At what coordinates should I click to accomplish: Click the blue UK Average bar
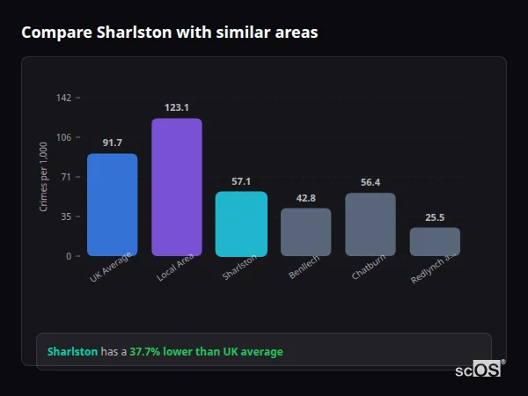coord(112,205)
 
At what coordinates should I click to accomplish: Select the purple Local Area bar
coord(177,187)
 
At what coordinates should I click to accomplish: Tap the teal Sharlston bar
coord(241,224)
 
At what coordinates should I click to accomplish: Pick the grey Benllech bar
coord(306,232)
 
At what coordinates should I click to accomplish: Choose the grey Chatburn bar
coord(370,224)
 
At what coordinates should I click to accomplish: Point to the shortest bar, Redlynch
coord(435,242)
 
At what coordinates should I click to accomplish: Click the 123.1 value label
coord(177,107)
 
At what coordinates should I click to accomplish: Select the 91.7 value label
coord(112,143)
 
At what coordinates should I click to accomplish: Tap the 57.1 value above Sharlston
coord(241,181)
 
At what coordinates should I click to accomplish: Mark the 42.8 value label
coord(306,198)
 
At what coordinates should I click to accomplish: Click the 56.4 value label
coord(370,182)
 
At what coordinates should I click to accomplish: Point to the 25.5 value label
coord(435,217)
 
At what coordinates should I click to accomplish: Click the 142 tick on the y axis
coord(63,98)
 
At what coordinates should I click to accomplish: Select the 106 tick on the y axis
coord(63,137)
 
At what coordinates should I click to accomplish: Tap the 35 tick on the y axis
coord(65,216)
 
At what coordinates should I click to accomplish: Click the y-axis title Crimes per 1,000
coord(44,177)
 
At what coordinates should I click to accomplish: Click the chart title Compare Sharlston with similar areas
coord(170,33)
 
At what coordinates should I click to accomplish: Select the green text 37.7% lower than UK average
coord(206,352)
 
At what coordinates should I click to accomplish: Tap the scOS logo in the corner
coord(479,370)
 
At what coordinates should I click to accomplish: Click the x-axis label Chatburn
coord(368,268)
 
